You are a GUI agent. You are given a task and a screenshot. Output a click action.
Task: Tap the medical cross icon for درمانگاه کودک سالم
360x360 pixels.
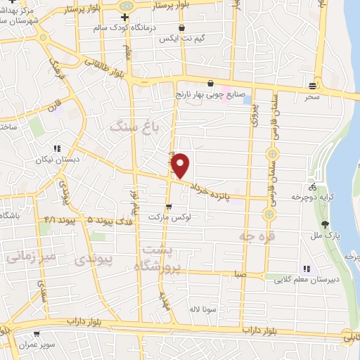124,17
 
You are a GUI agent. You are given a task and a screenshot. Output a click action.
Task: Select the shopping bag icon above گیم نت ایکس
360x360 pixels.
182,28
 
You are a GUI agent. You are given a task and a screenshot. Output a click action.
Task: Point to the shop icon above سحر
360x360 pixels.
312,85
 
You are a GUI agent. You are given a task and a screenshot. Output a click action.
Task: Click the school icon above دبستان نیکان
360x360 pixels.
57,148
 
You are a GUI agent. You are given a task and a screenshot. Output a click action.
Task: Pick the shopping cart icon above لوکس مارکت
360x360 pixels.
169,205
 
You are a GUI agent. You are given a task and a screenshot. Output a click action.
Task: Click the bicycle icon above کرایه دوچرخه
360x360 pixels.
312,188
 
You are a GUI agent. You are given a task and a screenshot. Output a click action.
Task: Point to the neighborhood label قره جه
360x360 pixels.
256,237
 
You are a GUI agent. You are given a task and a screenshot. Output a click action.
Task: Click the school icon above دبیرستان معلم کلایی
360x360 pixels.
305,269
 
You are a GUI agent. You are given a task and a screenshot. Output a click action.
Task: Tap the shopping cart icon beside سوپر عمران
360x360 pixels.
36,334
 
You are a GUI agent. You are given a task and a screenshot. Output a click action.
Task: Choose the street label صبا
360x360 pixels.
240,276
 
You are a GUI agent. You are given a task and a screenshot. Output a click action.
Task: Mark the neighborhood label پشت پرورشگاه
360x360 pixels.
162,258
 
